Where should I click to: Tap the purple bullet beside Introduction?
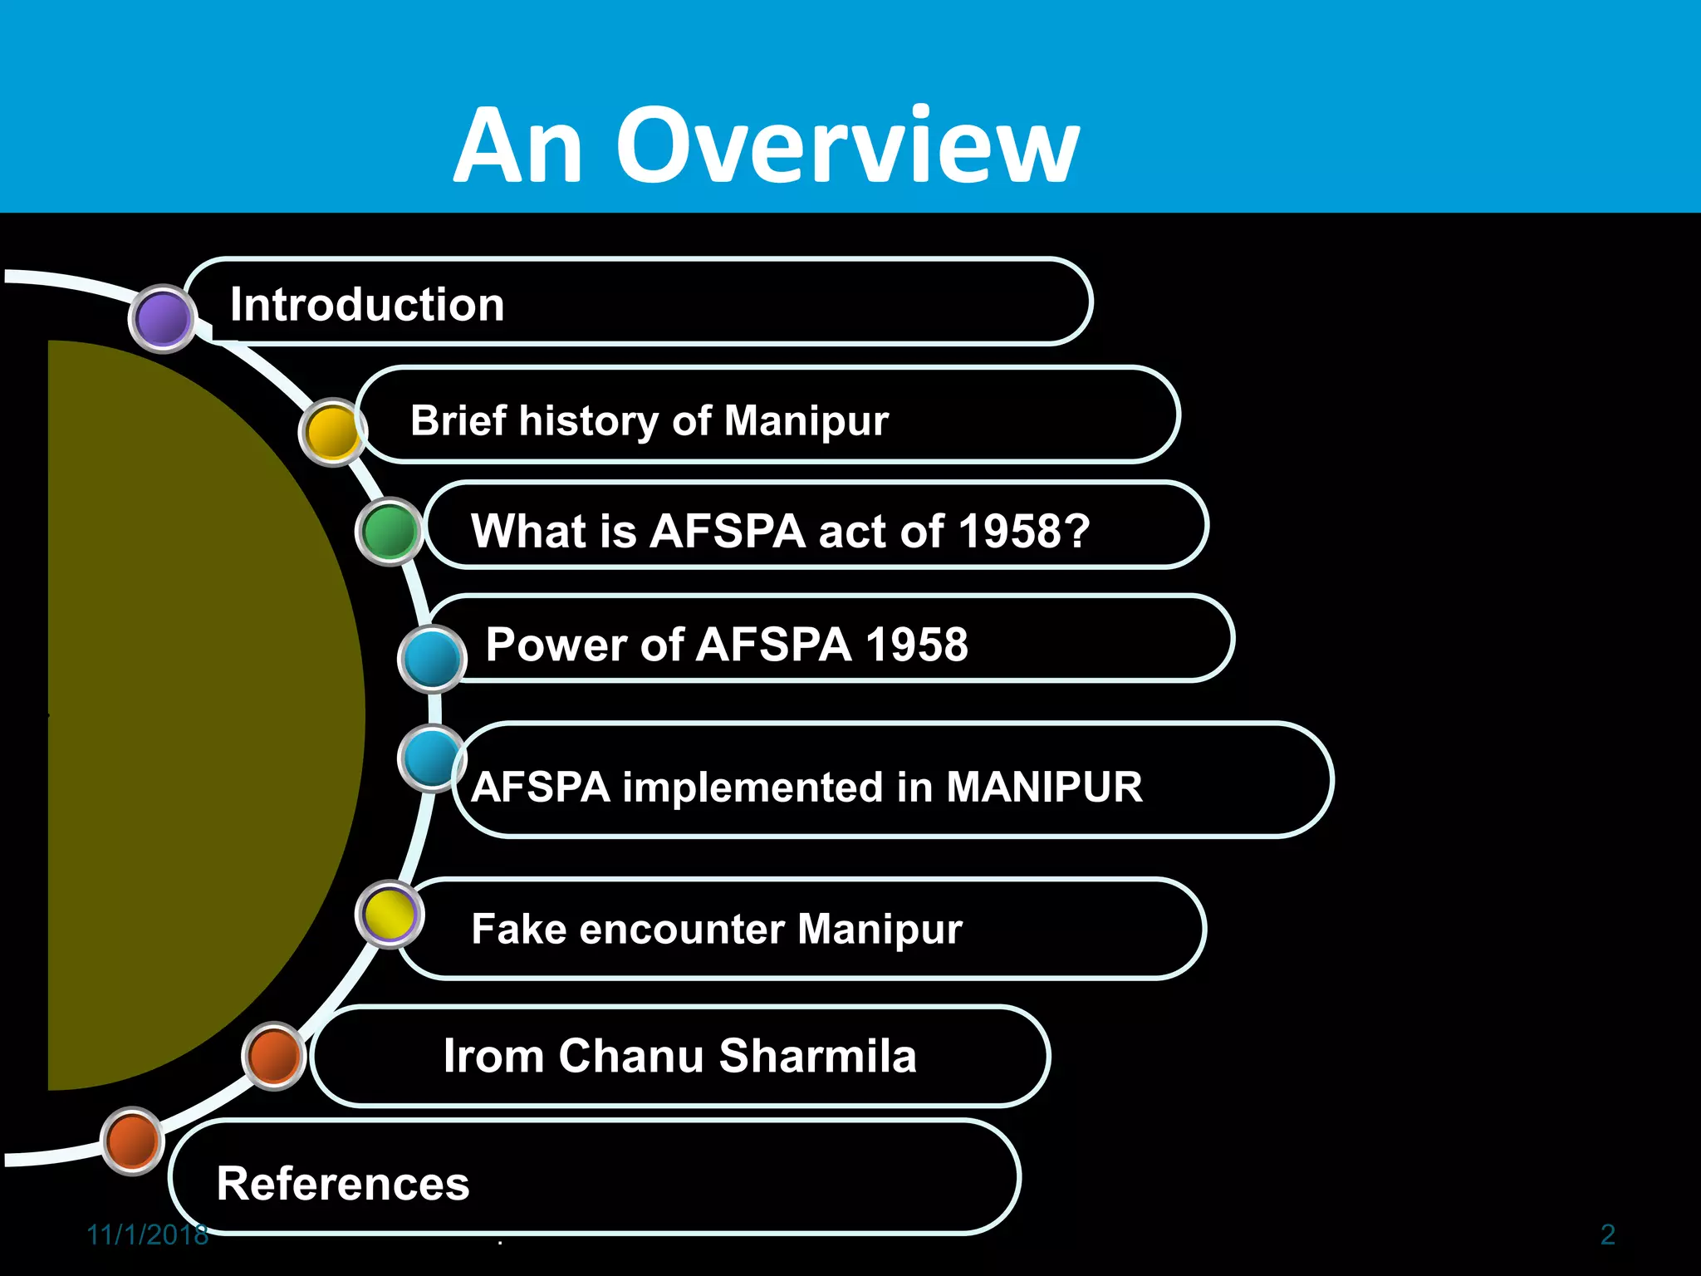(x=163, y=318)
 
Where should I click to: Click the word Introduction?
(x=367, y=304)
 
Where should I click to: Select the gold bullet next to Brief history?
(x=332, y=432)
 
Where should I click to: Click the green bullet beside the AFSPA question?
(x=389, y=532)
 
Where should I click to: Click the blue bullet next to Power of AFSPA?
(x=432, y=659)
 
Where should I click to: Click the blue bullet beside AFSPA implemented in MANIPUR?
(x=430, y=758)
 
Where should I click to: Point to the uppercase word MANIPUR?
(x=1044, y=787)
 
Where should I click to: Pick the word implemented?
(x=752, y=788)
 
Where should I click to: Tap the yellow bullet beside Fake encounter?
(x=389, y=915)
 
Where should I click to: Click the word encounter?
(x=681, y=929)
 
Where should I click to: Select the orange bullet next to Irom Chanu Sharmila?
(x=274, y=1056)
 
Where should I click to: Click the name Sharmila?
(x=817, y=1056)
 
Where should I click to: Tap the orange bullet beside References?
(x=133, y=1141)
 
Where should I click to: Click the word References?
(x=343, y=1184)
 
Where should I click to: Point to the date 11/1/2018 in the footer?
(x=147, y=1235)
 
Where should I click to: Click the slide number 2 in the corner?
(x=1607, y=1235)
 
